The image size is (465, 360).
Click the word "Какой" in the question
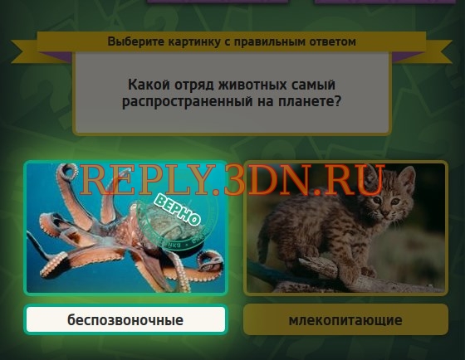(x=149, y=85)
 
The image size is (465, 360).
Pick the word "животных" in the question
(x=252, y=85)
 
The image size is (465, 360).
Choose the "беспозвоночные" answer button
(x=125, y=319)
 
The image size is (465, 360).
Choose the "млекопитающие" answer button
(x=345, y=319)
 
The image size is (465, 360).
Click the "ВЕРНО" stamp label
(x=178, y=210)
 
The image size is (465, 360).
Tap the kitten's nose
(x=385, y=213)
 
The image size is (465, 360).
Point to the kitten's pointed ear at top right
(x=408, y=178)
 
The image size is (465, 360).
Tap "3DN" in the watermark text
(x=269, y=180)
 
